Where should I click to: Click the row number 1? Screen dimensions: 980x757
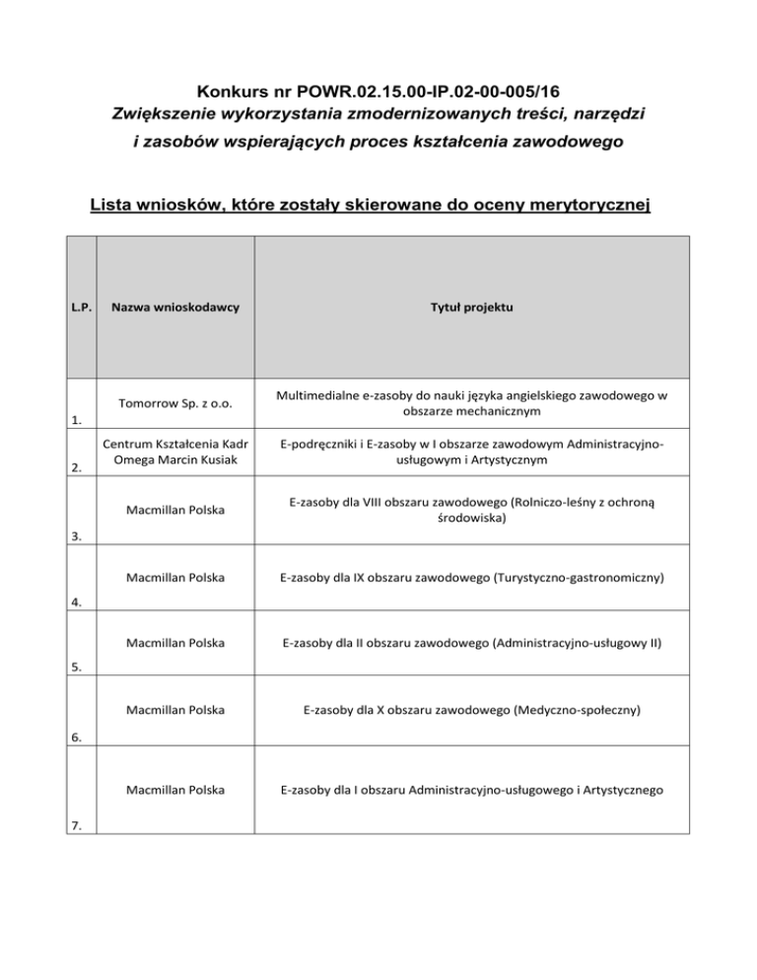pos(75,421)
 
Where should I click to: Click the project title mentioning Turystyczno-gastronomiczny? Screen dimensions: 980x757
pos(471,577)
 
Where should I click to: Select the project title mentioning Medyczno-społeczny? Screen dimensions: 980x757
pos(471,710)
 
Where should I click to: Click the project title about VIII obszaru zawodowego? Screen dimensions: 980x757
pos(471,510)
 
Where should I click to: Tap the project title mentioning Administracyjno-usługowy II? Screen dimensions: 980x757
pos(471,644)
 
